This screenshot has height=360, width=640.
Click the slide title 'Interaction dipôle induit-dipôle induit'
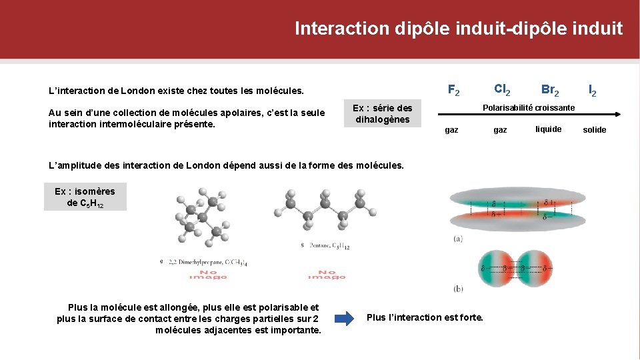pos(459,29)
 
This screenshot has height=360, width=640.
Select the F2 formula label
pos(453,89)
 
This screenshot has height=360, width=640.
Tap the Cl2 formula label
pos(503,89)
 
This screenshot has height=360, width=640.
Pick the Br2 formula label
pos(550,89)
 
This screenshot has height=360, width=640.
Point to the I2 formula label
pos(592,89)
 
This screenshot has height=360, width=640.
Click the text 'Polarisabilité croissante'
pos(529,107)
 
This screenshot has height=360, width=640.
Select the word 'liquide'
pos(549,129)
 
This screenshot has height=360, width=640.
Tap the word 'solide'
pos(594,129)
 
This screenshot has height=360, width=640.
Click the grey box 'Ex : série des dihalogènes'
pos(382,114)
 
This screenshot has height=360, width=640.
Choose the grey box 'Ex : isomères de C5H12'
pos(85,197)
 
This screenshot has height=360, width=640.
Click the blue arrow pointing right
pos(344,318)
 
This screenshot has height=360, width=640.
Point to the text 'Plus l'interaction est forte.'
pos(425,317)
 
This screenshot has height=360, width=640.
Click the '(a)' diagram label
pos(458,238)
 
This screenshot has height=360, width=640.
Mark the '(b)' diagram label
pos(458,289)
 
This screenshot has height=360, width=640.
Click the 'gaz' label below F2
pos(451,130)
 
